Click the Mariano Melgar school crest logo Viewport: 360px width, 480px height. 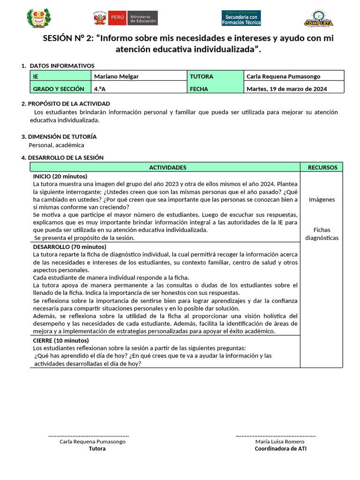pyautogui.click(x=37, y=18)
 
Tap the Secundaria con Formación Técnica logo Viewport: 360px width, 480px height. pyautogui.click(x=241, y=18)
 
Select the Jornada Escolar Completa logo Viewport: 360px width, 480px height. pyautogui.click(x=318, y=19)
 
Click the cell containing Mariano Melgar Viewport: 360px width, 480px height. pyautogui.click(x=116, y=76)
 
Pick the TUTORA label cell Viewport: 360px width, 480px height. pyautogui.click(x=202, y=76)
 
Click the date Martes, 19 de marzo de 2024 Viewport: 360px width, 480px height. pyautogui.click(x=286, y=89)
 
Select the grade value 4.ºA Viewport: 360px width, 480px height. pyautogui.click(x=99, y=89)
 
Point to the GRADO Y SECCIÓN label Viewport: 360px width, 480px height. pyautogui.click(x=59, y=89)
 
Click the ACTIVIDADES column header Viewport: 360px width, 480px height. pyautogui.click(x=167, y=167)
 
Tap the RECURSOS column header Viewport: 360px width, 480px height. pyautogui.click(x=322, y=167)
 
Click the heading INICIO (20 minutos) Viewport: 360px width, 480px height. pyautogui.click(x=60, y=176)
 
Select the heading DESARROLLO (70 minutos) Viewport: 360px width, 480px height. pyautogui.click(x=69, y=247)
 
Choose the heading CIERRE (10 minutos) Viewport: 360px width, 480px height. pyautogui.click(x=60, y=340)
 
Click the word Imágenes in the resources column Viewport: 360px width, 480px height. pyautogui.click(x=322, y=199)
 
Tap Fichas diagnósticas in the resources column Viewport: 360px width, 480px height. pyautogui.click(x=322, y=234)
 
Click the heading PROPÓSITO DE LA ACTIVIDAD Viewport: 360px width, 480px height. pyautogui.click(x=69, y=103)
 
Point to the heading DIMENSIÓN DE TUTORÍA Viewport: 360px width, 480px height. pyautogui.click(x=62, y=136)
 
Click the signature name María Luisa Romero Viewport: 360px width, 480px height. pyautogui.click(x=280, y=442)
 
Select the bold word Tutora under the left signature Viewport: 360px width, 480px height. pyautogui.click(x=97, y=449)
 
